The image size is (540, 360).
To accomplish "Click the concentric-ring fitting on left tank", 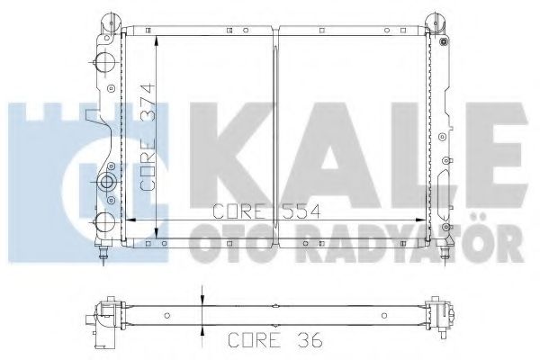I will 107,184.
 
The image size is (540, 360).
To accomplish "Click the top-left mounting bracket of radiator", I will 108,21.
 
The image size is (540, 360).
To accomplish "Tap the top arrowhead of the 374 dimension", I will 157,41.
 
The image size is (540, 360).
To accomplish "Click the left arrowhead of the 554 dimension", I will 127,220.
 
